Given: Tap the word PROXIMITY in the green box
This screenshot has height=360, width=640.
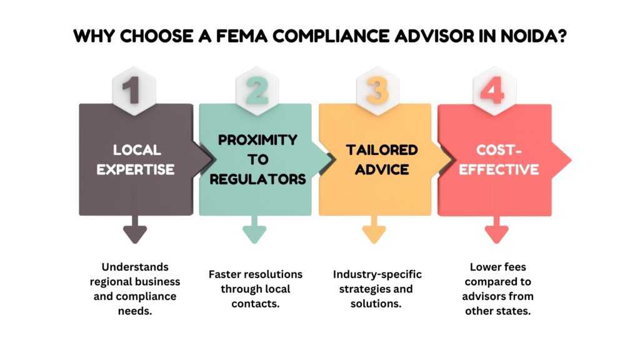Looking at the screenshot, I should coord(257,140).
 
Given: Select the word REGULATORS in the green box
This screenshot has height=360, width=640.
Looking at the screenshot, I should coord(257,179).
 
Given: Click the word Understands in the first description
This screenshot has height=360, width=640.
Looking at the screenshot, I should coord(136,267).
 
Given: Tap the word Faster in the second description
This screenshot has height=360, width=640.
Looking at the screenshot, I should coord(225,274).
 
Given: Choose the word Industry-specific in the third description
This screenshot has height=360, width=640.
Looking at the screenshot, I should coord(377,274).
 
